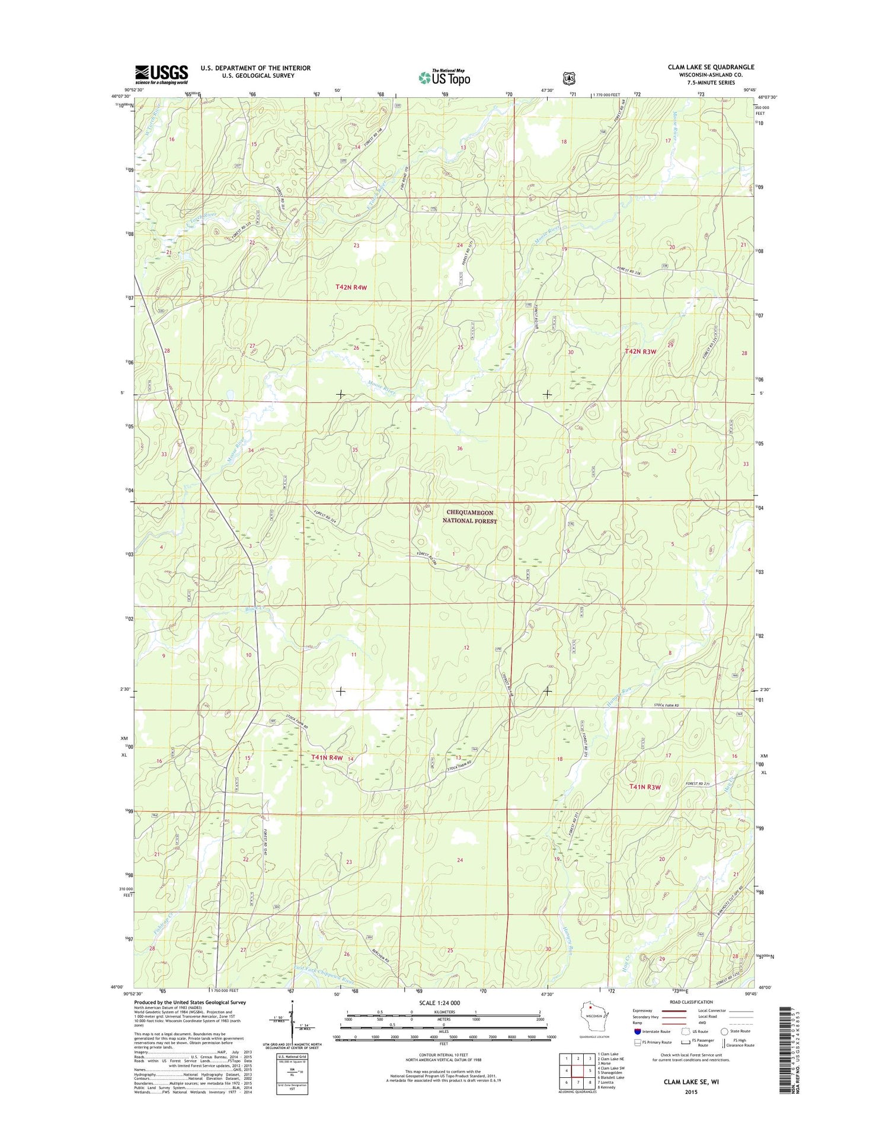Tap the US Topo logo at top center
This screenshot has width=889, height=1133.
[444, 76]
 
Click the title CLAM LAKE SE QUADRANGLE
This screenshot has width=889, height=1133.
[711, 67]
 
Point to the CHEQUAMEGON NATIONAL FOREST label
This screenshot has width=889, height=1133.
[469, 516]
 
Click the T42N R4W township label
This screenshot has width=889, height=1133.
[351, 287]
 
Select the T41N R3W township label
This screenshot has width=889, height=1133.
[644, 787]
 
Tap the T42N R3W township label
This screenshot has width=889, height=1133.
[640, 351]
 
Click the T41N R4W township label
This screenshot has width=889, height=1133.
[327, 757]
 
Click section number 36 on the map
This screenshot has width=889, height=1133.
[459, 449]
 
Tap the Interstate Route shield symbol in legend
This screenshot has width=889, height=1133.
[638, 1031]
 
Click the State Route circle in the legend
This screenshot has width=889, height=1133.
[724, 1031]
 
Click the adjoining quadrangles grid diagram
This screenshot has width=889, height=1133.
[577, 1070]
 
